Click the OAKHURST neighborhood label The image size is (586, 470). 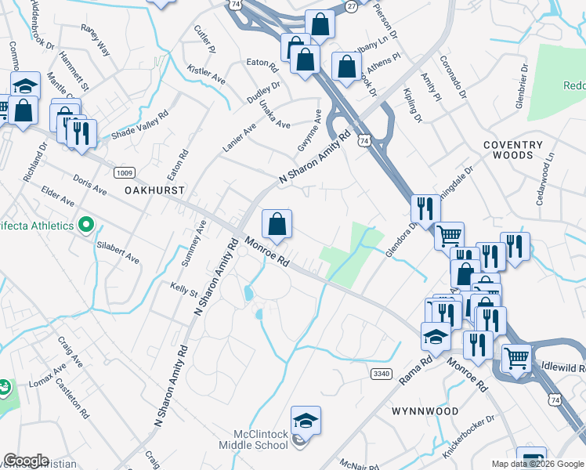154,190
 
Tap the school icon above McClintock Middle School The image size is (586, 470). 306,420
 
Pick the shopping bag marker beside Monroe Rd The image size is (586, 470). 277,224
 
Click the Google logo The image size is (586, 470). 26,461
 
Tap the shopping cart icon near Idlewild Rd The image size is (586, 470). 516,359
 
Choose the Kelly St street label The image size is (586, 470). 184,290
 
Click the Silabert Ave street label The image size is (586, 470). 118,251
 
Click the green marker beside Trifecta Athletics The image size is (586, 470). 85,226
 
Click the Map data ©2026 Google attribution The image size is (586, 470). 538,464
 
